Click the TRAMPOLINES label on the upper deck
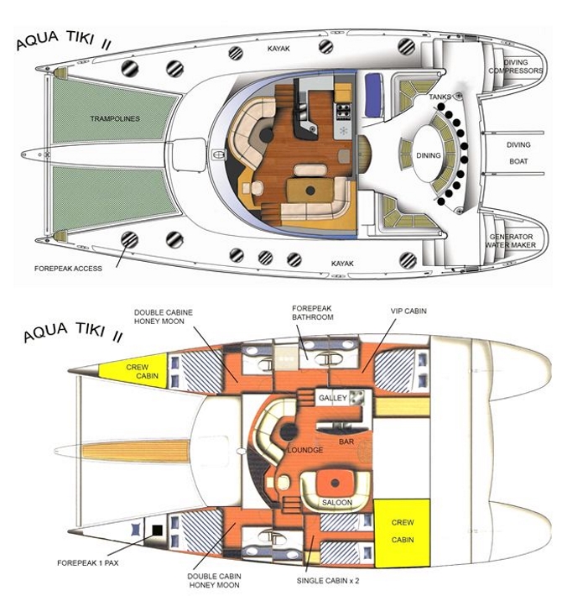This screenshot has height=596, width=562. coord(115,118)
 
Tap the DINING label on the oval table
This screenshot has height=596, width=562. coord(429,155)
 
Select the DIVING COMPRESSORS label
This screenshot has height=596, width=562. coord(516,66)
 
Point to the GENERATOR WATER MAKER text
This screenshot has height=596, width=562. coord(510,241)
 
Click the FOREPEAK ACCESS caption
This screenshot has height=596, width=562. coord(68,269)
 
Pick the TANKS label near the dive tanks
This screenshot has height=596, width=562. coord(440,97)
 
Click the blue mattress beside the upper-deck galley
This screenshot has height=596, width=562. coord(373,95)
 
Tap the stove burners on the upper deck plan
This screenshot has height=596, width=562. coord(343,110)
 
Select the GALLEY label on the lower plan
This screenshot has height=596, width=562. coord(333,398)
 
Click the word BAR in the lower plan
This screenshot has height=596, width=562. coord(346,442)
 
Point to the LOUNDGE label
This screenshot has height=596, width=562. coord(305,450)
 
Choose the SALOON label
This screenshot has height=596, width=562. coord(337,503)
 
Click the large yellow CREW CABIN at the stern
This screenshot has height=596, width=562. coord(402,532)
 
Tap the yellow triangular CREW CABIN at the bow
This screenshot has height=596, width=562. coord(141,371)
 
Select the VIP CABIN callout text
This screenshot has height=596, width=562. coord(408,311)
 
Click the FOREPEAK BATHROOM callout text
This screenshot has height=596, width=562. coord(313,312)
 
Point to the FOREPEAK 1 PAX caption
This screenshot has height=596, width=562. coord(88,562)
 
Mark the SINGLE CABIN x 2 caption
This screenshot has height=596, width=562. coord(328,580)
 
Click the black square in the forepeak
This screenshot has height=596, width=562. coord(157,531)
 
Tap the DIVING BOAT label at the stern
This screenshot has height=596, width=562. coord(518,153)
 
